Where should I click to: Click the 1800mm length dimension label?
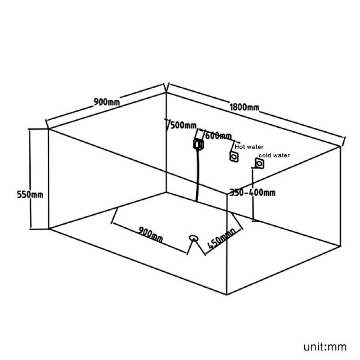point(244,107)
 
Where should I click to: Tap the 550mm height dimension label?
point(30,195)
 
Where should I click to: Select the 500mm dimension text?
point(184,126)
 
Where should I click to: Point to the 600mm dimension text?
point(218,136)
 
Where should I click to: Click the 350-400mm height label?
point(252,193)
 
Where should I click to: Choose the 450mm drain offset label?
point(221,239)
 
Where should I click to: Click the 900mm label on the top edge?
point(107,102)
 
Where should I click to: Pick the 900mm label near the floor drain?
point(151,234)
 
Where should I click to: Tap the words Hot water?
point(249,147)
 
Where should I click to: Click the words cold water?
point(274,155)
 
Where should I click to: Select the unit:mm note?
point(325,346)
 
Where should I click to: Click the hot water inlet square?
point(234,157)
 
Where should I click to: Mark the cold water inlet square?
point(260,163)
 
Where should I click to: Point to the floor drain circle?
point(194,238)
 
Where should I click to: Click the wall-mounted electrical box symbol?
point(198,144)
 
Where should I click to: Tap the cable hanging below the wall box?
point(198,175)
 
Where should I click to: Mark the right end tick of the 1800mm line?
point(344,141)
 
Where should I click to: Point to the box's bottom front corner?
point(227,295)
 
